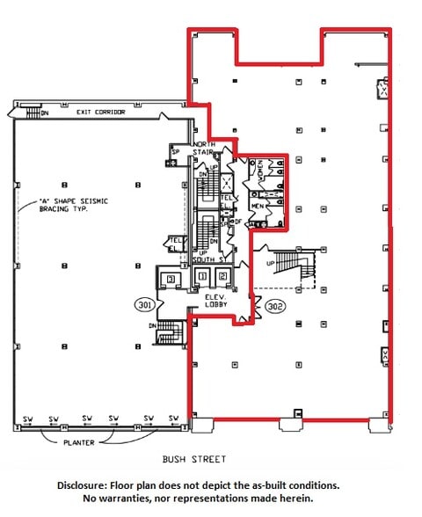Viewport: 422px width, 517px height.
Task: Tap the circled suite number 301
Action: [146, 305]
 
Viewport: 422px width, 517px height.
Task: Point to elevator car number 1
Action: [202, 277]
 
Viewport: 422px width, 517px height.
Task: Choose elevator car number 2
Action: [223, 277]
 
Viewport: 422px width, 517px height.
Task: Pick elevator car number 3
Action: [171, 279]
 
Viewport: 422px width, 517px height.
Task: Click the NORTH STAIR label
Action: [204, 149]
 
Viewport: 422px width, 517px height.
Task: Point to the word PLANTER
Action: [77, 442]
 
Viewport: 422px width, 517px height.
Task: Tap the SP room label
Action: [176, 152]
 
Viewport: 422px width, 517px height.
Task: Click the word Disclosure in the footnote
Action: [88, 485]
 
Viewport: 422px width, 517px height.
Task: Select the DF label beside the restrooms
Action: [236, 222]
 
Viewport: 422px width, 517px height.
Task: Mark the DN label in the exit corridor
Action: [47, 113]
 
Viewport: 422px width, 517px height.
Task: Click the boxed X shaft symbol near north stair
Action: [226, 183]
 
